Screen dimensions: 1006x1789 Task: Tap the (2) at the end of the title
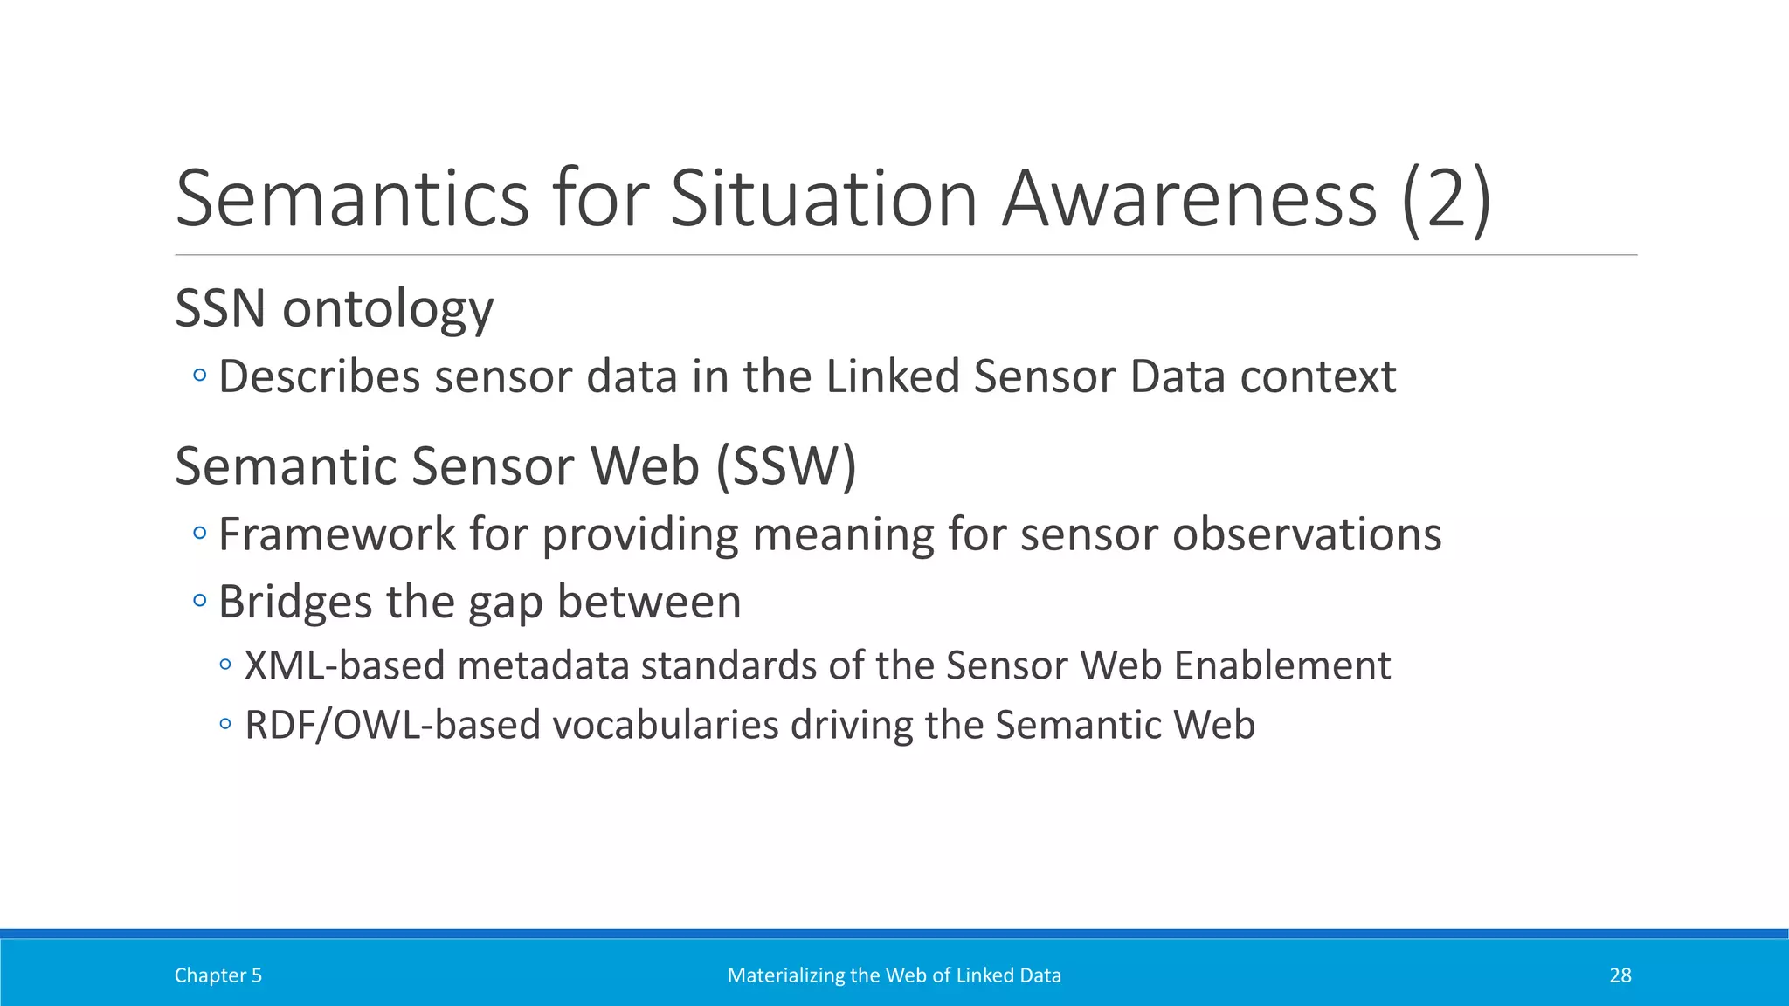1446,201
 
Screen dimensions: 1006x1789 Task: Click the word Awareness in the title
1189,199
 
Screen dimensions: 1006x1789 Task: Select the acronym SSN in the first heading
220,308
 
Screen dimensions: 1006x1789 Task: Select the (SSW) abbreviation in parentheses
785,466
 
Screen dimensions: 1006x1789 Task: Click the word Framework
336,534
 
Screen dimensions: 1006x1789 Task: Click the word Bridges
295,603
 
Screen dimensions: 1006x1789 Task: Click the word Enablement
1281,665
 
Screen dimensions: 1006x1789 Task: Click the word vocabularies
665,726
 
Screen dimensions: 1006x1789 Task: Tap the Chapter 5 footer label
218,975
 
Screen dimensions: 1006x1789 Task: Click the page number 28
1620,975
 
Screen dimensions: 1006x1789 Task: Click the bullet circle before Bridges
200,601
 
